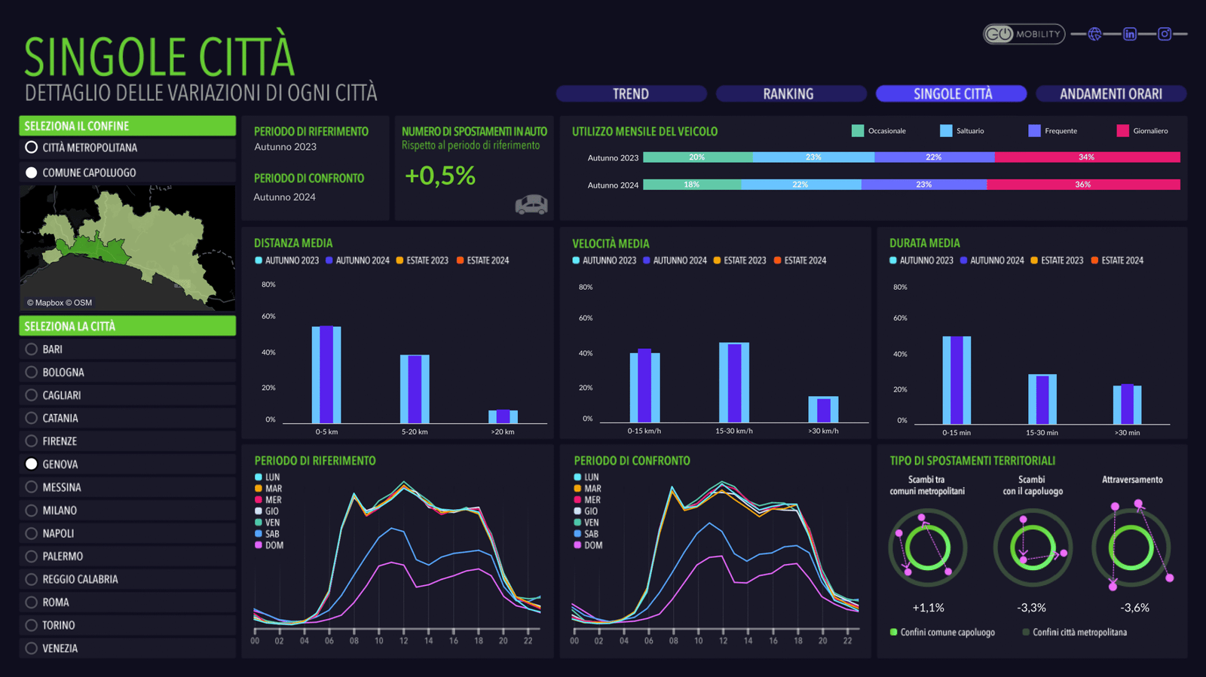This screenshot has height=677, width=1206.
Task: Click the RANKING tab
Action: (x=788, y=94)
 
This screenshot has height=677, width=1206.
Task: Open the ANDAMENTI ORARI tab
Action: (x=1110, y=94)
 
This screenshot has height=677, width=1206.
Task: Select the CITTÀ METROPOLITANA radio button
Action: (x=32, y=148)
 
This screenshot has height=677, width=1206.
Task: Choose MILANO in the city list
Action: (x=32, y=511)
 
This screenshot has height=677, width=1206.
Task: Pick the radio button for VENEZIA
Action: (x=32, y=648)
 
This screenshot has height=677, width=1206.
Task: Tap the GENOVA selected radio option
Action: (x=32, y=465)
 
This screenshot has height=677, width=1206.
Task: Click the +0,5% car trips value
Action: (x=440, y=176)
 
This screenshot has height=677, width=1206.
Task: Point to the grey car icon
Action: (x=531, y=204)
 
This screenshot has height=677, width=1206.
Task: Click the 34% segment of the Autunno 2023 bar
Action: (x=1086, y=157)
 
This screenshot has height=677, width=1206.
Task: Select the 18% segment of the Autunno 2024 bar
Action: (x=691, y=184)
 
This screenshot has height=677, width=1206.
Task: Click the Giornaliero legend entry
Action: (x=1142, y=131)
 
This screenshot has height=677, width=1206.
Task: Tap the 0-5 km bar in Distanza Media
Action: (x=326, y=374)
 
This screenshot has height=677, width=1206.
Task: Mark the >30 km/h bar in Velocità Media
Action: (x=823, y=410)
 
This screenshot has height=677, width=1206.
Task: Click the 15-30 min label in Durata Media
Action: (x=1042, y=433)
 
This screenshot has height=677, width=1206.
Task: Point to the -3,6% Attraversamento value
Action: (x=1134, y=608)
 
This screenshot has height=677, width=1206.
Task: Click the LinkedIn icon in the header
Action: (x=1129, y=34)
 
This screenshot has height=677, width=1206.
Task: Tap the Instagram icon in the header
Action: (x=1165, y=34)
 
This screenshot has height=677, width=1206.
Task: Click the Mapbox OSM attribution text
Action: (x=60, y=303)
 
